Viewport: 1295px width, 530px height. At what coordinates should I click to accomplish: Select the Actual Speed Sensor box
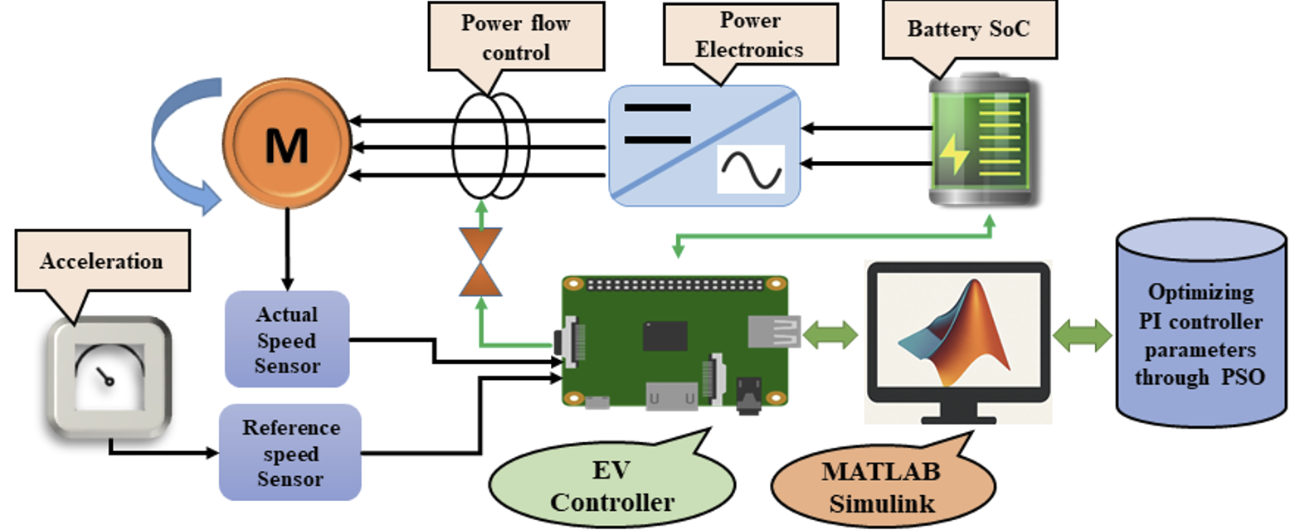(x=286, y=339)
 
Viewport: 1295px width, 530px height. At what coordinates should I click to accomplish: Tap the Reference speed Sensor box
(x=290, y=453)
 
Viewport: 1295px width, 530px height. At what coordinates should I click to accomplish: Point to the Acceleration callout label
(x=102, y=262)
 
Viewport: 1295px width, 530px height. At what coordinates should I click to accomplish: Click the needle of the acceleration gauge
(x=105, y=377)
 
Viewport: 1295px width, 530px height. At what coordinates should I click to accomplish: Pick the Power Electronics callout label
(x=748, y=36)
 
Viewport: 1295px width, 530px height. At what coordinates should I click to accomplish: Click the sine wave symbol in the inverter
(x=750, y=169)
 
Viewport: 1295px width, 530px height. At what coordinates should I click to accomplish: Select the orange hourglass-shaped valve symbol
(x=480, y=262)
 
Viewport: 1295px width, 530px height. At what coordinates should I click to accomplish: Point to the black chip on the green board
(x=664, y=336)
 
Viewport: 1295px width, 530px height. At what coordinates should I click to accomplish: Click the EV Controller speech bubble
(x=611, y=486)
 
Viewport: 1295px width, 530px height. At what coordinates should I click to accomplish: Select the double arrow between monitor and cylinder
(x=1082, y=336)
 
